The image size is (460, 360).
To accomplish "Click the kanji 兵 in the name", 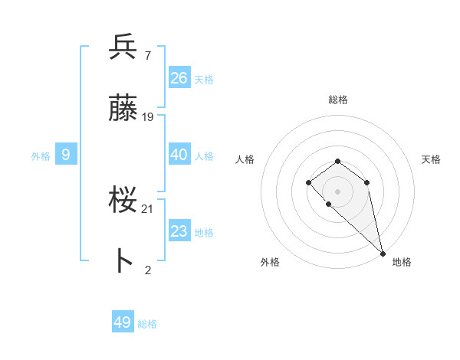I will [123, 47].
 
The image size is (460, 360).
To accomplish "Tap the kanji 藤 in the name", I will [123, 109].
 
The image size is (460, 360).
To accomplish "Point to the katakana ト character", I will [123, 261].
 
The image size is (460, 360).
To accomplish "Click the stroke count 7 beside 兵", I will [147, 55].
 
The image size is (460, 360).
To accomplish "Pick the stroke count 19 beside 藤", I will [148, 117].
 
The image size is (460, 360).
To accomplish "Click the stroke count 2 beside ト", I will [147, 270].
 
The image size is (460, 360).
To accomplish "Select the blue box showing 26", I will [179, 77].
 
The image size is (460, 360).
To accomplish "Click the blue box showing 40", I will [179, 154].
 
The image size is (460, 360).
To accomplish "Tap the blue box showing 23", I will [179, 231].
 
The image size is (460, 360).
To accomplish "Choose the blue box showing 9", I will [66, 155].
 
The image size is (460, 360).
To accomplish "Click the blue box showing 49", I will [123, 322].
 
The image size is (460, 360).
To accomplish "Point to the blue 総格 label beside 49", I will [147, 324].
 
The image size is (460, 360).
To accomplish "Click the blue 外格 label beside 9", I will [41, 156].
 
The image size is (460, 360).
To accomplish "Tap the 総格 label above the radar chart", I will [338, 100].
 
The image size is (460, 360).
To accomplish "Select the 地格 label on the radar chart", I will [402, 262].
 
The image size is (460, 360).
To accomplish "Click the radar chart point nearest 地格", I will [383, 253].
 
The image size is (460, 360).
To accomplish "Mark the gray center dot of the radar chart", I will [337, 191].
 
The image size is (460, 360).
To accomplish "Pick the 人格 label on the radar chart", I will [245, 159].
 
